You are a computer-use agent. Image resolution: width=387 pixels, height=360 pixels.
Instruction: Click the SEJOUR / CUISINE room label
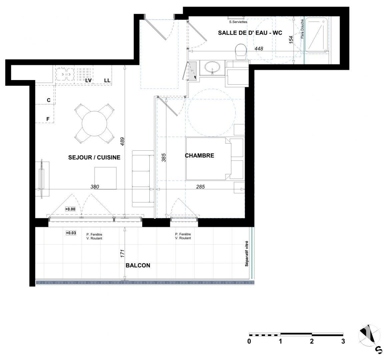94,157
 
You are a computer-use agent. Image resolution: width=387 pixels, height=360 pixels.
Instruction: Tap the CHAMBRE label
199,155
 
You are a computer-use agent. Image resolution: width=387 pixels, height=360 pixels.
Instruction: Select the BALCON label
138,265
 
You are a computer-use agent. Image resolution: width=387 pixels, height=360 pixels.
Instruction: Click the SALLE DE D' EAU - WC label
250,33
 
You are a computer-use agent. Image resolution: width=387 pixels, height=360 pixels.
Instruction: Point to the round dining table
94,124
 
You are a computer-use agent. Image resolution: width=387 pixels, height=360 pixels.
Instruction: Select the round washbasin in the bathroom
212,68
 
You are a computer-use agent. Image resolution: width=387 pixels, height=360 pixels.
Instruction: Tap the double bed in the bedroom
208,158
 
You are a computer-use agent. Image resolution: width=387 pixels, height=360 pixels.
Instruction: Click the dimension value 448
259,49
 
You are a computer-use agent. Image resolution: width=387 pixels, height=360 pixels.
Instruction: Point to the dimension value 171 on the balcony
122,253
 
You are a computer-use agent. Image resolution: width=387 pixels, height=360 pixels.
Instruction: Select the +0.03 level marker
71,233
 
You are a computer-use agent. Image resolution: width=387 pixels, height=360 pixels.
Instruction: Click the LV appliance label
88,80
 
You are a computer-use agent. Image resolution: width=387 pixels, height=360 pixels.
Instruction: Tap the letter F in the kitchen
48,119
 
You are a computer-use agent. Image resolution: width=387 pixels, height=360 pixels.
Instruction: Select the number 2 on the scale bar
312,341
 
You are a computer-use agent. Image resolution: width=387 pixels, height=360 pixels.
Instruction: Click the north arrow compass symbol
369,335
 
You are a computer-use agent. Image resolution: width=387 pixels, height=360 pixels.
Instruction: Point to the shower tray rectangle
317,35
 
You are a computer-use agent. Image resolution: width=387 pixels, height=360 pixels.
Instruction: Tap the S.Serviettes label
238,22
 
